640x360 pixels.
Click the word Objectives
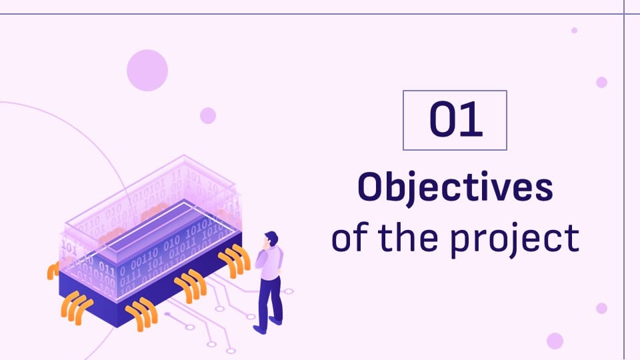pyautogui.click(x=455, y=188)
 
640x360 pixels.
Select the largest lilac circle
pyautogui.click(x=147, y=70)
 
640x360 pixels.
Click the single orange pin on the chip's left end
pyautogui.click(x=53, y=271)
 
